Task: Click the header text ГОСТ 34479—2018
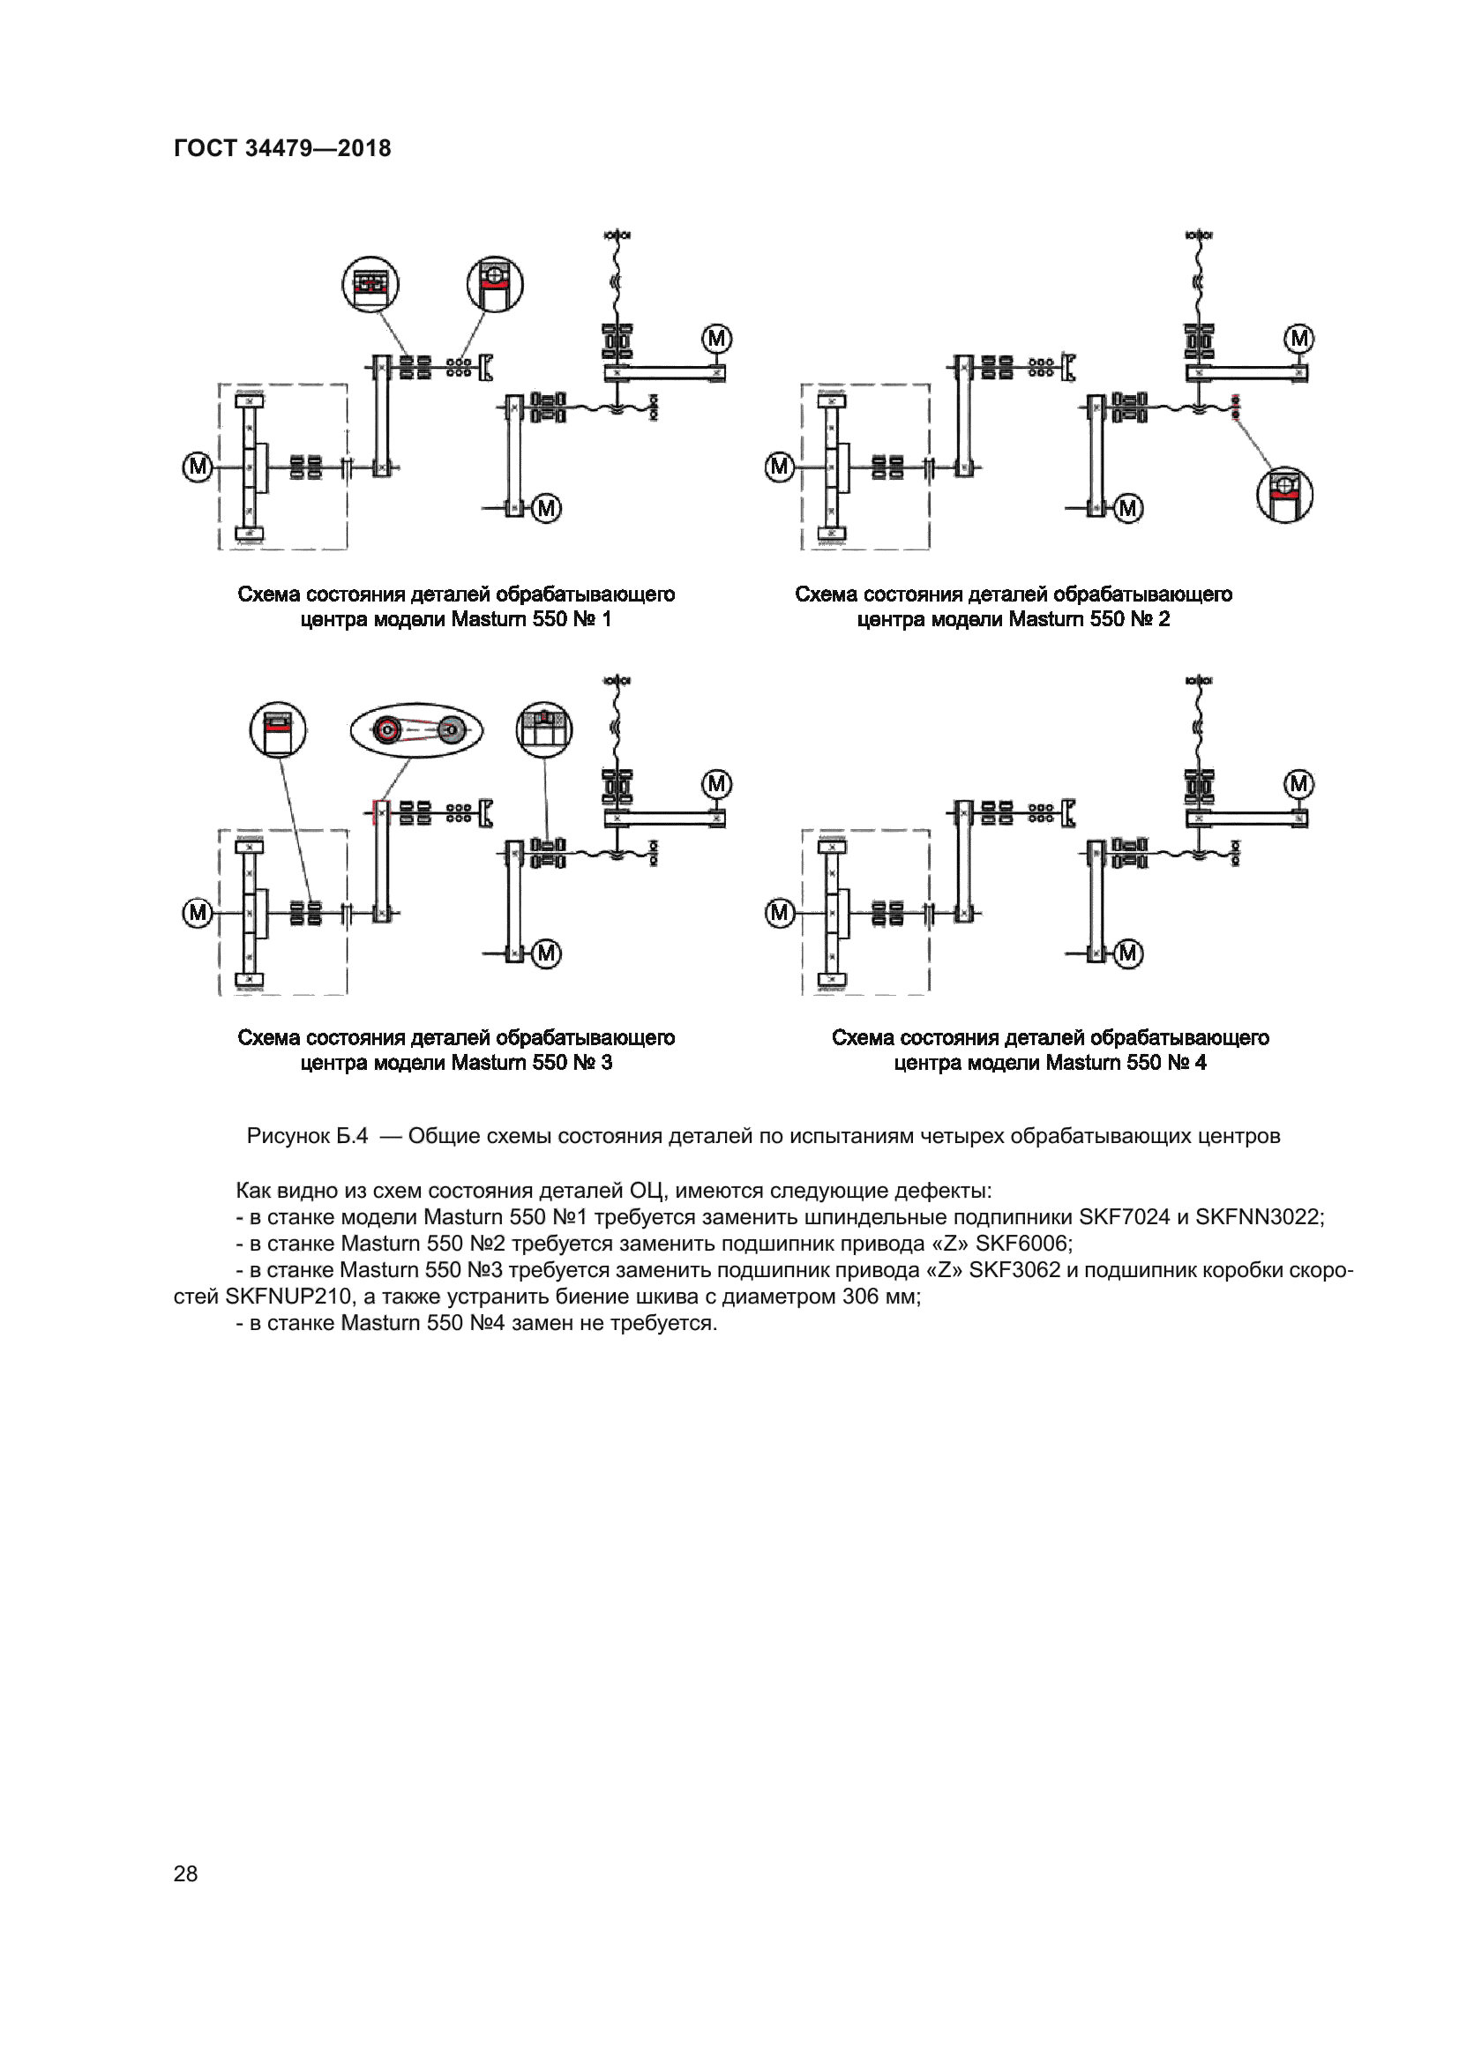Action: [282, 148]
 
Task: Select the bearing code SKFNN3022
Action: [1258, 1216]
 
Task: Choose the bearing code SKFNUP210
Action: [288, 1296]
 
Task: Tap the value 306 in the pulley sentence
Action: [860, 1296]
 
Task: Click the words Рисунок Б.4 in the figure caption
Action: [307, 1136]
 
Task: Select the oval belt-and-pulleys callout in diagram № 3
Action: [417, 729]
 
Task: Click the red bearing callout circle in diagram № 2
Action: [1283, 493]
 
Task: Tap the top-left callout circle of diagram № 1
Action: [370, 285]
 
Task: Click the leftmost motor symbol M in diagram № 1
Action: [198, 467]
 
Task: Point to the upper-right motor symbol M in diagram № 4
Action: [1298, 783]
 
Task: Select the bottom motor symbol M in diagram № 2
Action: [1128, 509]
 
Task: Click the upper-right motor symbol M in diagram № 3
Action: [716, 783]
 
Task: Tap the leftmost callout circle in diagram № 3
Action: [278, 729]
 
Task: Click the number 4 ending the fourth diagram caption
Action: [1201, 1063]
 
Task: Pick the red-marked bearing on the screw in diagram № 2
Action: [1235, 405]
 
